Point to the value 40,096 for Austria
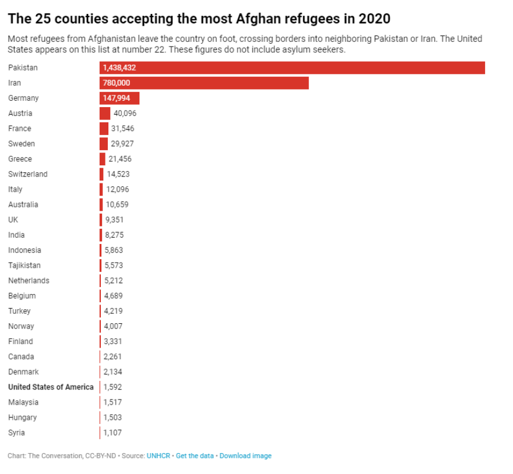[125, 113]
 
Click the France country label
[20, 128]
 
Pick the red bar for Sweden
[104, 143]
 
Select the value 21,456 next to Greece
[120, 159]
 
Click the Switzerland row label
[28, 174]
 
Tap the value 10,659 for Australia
[117, 204]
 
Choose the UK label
[13, 220]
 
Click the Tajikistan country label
[24, 265]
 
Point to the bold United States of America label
[51, 387]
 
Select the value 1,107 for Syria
[113, 433]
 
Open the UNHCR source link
[159, 456]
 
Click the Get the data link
[195, 456]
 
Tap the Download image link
[245, 456]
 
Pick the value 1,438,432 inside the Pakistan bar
[120, 68]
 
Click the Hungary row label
[22, 418]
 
